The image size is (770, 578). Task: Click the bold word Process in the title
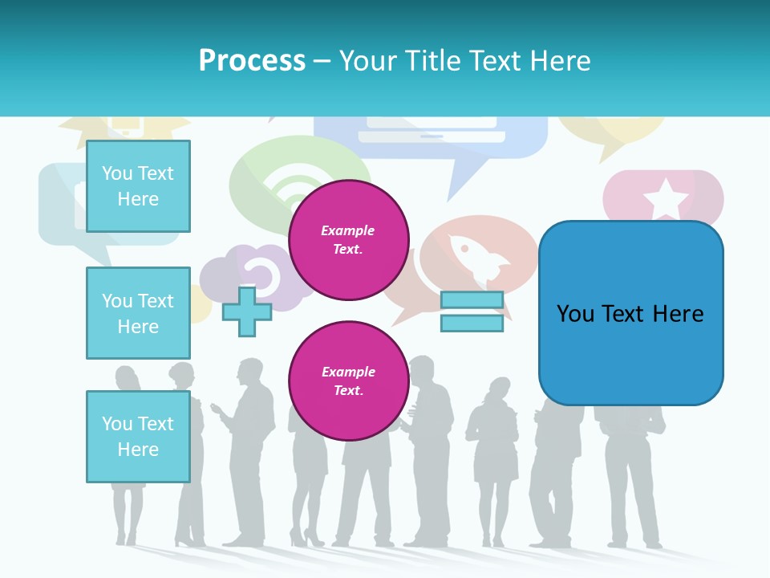click(x=252, y=61)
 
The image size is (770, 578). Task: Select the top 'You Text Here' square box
click(x=138, y=186)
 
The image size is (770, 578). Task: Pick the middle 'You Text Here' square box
click(x=138, y=313)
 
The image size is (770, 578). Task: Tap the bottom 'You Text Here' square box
click(x=138, y=436)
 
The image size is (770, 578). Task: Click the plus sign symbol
click(x=247, y=311)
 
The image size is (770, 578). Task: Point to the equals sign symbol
click(x=472, y=311)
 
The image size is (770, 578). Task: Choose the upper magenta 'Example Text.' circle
click(x=348, y=240)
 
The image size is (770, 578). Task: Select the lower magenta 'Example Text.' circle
click(x=348, y=381)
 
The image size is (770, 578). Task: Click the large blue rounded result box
click(x=630, y=313)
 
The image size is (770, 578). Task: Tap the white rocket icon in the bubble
click(x=479, y=258)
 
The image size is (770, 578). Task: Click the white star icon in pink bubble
click(x=665, y=198)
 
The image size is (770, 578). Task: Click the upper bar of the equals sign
click(x=472, y=300)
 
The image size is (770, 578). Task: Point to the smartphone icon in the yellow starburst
click(x=126, y=124)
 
